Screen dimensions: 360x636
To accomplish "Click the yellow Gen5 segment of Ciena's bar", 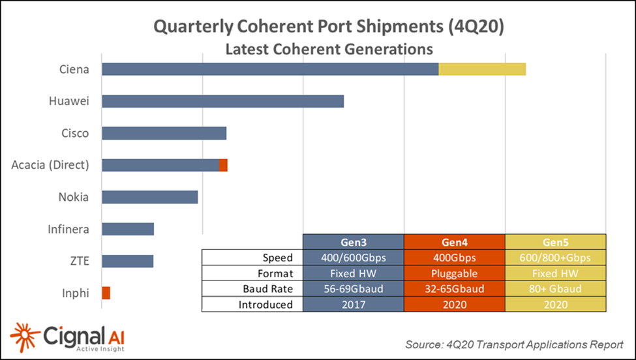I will [x=482, y=69].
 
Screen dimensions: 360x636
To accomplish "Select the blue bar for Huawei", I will [x=222, y=101].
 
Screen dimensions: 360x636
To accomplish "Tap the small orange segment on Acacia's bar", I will [x=223, y=165].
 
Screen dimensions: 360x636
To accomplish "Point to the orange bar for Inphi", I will [x=106, y=293].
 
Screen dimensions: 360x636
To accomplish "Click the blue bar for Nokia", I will [x=149, y=197].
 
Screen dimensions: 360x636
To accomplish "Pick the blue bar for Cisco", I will [x=164, y=133].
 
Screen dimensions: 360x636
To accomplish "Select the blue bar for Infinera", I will [x=128, y=229].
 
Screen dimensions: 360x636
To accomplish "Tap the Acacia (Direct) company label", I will [x=50, y=165].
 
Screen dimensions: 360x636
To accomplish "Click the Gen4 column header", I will [x=454, y=241].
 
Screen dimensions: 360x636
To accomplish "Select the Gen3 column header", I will [x=354, y=241].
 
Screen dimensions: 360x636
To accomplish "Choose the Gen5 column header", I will [x=555, y=241].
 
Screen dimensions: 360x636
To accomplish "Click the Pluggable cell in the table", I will [x=454, y=273].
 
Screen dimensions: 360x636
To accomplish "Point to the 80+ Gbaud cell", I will [x=555, y=289].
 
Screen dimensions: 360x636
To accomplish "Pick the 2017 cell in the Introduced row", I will [x=354, y=305].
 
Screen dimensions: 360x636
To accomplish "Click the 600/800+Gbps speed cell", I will [x=555, y=258].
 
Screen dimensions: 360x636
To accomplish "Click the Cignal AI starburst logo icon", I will [x=25, y=337].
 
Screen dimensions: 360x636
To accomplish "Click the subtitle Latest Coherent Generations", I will [x=329, y=49].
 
